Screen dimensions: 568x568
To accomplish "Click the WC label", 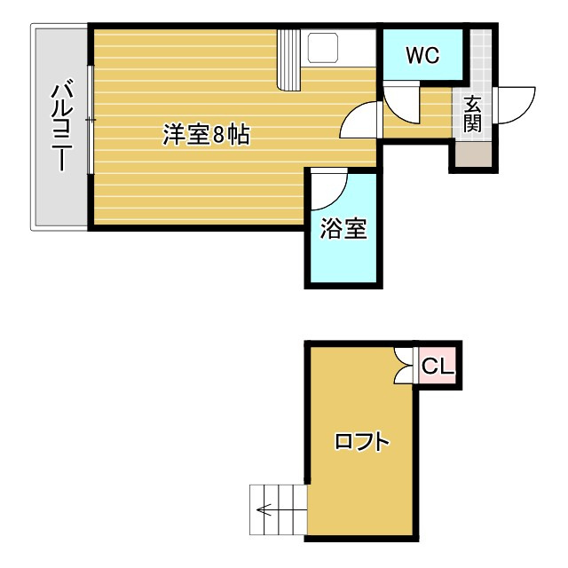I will (x=422, y=55).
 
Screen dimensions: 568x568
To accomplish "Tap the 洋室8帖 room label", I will (x=205, y=135).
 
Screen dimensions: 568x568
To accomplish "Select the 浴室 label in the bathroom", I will (x=343, y=229).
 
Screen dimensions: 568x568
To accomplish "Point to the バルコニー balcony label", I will (x=60, y=127).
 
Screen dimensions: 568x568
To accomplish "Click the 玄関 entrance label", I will (x=472, y=114).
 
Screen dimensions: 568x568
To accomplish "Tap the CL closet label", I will (x=437, y=366).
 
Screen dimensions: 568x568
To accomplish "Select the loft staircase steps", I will (x=279, y=509).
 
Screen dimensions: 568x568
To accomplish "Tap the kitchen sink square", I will (x=322, y=49).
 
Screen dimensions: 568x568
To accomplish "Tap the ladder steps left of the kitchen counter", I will (x=290, y=59).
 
